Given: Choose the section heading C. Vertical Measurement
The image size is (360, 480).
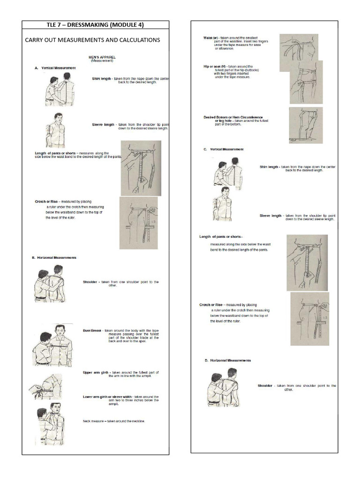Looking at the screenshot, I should (x=224, y=149).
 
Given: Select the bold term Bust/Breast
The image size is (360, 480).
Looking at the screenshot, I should (x=92, y=330).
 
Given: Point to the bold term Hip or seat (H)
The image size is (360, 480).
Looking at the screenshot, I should (x=215, y=67).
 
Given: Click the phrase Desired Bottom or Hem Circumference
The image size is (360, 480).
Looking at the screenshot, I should (x=232, y=117).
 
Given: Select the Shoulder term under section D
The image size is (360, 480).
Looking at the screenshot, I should (x=265, y=386).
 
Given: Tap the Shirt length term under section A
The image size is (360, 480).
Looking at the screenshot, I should (x=101, y=79).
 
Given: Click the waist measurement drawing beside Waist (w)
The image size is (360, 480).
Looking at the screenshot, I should (x=299, y=47).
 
